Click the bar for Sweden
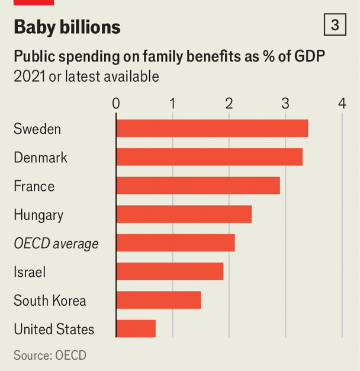click(212, 129)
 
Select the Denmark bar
click(209, 157)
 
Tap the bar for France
click(198, 186)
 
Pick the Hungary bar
click(184, 215)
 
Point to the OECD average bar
click(175, 243)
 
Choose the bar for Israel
click(169, 271)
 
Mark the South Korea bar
click(158, 300)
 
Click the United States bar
click(136, 328)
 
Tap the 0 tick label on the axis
click(116, 104)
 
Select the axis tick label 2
click(229, 104)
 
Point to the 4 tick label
click(342, 104)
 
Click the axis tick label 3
click(285, 104)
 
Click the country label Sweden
click(37, 129)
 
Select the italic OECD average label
click(56, 244)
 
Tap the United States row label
click(54, 329)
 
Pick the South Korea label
click(50, 300)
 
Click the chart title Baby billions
click(67, 27)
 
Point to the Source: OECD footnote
click(50, 356)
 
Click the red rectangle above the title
click(34, 2)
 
